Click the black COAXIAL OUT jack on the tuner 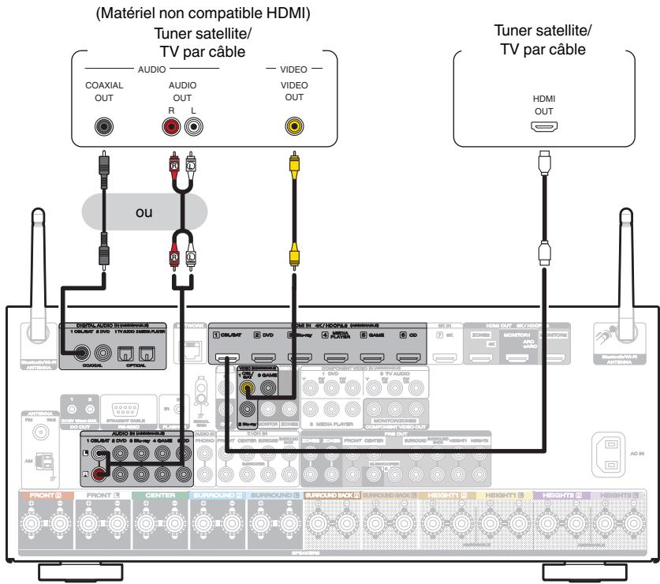coord(103,125)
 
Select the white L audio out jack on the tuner coord(192,125)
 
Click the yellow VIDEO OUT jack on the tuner coord(293,125)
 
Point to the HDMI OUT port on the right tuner coord(544,125)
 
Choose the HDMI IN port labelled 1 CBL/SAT coord(229,360)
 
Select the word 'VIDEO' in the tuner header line coord(293,69)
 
